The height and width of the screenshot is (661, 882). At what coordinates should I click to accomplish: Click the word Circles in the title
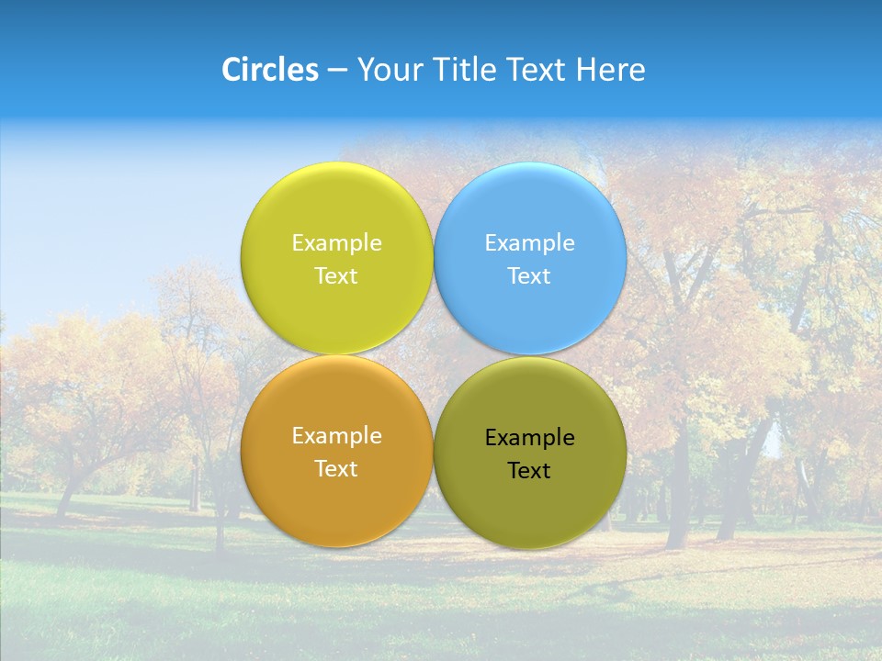(269, 70)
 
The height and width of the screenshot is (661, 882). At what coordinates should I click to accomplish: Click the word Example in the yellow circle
(337, 243)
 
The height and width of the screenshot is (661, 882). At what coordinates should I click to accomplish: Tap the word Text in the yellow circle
(337, 276)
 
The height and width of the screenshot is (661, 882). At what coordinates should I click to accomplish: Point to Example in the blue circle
(530, 243)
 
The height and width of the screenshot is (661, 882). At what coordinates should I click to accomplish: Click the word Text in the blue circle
(530, 276)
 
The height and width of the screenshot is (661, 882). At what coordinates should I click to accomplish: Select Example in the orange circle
(337, 436)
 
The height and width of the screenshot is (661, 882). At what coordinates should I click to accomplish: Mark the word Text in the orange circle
(337, 469)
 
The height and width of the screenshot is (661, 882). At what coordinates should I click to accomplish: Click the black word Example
(530, 438)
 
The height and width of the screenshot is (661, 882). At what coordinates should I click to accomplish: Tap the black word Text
(530, 471)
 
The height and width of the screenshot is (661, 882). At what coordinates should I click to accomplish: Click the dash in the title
(337, 71)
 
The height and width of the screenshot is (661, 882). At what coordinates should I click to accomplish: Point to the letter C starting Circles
(232, 70)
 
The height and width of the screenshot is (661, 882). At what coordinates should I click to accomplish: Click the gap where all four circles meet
(434, 355)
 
